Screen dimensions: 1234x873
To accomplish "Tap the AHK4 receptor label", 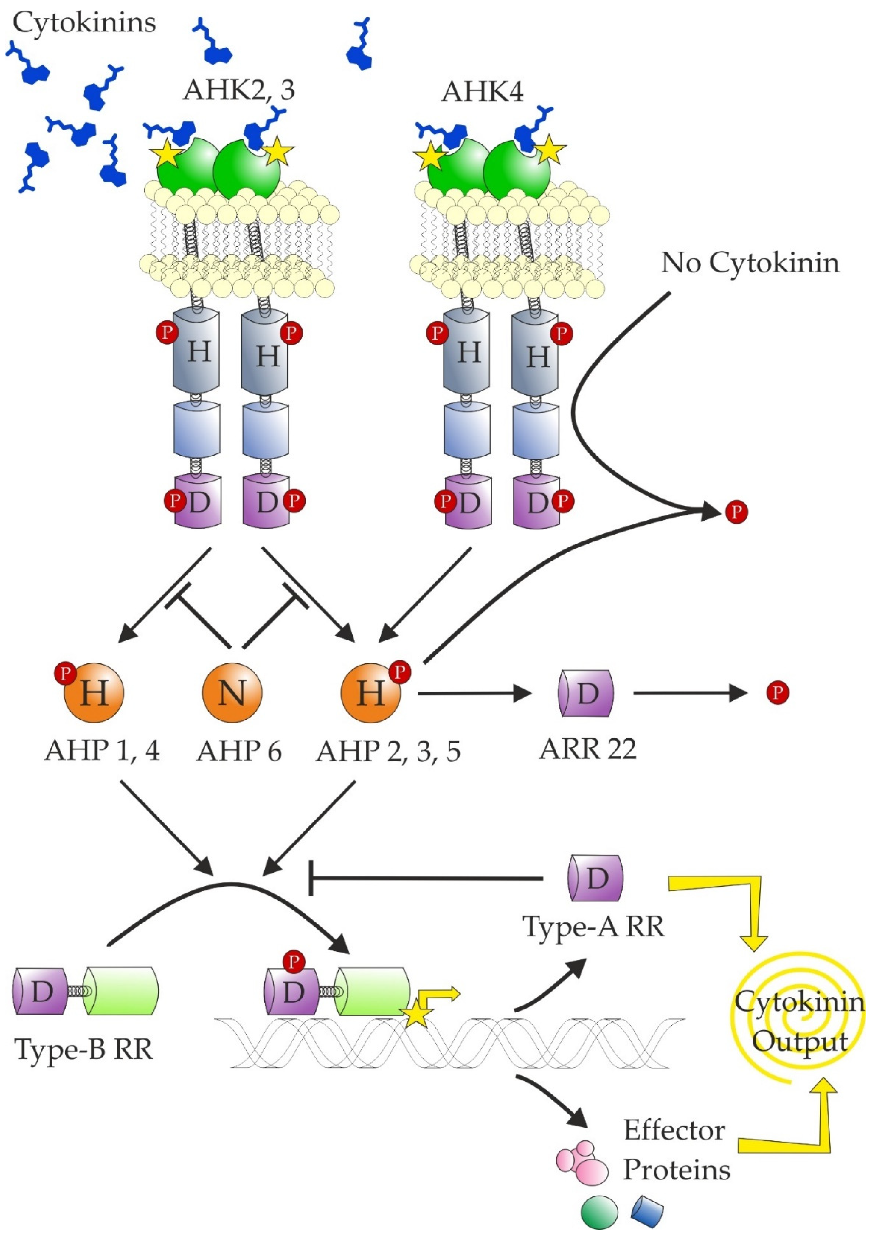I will (x=482, y=91).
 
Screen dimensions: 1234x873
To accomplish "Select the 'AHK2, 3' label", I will (x=239, y=90).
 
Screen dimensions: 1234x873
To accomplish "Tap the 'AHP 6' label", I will (x=239, y=751).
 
